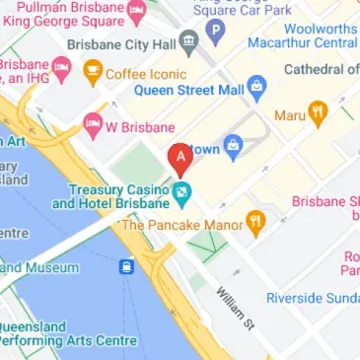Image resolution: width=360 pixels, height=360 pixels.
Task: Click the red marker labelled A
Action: pos(180,158)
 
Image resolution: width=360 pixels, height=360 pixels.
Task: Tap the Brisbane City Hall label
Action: pos(120,45)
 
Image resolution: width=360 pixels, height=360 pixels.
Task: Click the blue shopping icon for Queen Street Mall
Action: pos(256,86)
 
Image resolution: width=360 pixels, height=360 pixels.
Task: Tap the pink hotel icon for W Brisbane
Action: pos(93,125)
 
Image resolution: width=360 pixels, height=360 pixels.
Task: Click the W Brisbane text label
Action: pos(142,127)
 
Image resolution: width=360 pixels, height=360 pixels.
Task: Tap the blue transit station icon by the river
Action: pos(127,267)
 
